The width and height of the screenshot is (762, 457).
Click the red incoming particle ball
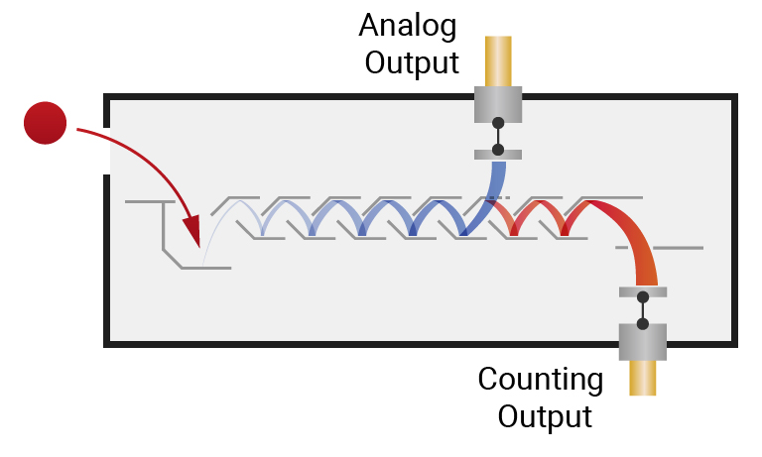pyautogui.click(x=45, y=123)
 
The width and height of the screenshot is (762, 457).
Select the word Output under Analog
pyautogui.click(x=412, y=62)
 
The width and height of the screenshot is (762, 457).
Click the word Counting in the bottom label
pyautogui.click(x=540, y=379)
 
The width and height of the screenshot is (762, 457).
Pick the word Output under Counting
pyautogui.click(x=545, y=415)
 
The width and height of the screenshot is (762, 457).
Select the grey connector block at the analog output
pyautogui.click(x=498, y=102)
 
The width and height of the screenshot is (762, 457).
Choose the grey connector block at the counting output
pyautogui.click(x=643, y=341)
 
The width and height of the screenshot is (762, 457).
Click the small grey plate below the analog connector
pyautogui.click(x=498, y=153)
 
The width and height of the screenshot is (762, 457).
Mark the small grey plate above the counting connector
pyautogui.click(x=643, y=291)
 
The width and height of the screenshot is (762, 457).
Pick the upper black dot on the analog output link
pyautogui.click(x=498, y=124)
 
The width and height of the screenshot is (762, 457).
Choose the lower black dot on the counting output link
pyautogui.click(x=643, y=323)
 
